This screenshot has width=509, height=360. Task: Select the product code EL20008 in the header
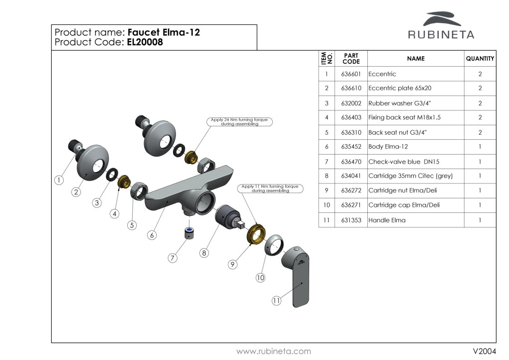(145, 42)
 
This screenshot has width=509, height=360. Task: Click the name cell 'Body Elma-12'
(388, 147)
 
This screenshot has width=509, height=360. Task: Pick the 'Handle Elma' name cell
(387, 220)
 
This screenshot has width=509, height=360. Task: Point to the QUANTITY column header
(480, 59)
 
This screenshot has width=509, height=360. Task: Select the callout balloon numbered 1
(59, 180)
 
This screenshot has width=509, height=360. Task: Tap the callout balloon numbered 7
(172, 258)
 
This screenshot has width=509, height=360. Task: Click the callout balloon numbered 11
(277, 300)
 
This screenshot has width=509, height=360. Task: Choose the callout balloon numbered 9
(232, 265)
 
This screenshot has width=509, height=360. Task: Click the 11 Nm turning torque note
(271, 188)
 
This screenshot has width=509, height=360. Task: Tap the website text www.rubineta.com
(273, 351)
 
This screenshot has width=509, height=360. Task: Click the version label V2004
(484, 351)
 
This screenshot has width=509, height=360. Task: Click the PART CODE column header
(351, 59)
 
